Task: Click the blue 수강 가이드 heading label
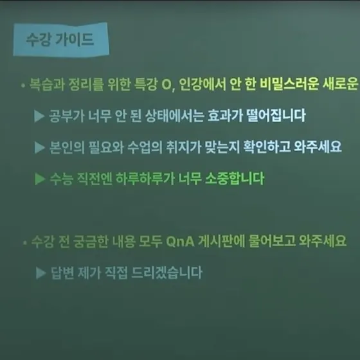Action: pyautogui.click(x=61, y=39)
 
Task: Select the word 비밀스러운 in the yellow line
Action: pyautogui.click(x=289, y=84)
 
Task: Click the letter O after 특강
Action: pyautogui.click(x=166, y=84)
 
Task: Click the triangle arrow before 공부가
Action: pyautogui.click(x=39, y=116)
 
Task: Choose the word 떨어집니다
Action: pyautogui.click(x=276, y=115)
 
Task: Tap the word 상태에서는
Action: pyautogui.click(x=174, y=116)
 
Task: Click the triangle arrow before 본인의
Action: pyautogui.click(x=39, y=147)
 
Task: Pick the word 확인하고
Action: pyautogui.click(x=267, y=147)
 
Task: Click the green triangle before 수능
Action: pyautogui.click(x=40, y=179)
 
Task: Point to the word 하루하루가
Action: pyautogui.click(x=145, y=179)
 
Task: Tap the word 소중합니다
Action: pyautogui.click(x=235, y=178)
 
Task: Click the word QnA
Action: pyautogui.click(x=180, y=242)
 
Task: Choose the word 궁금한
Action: pyautogui.click(x=91, y=241)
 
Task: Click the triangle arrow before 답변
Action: pyautogui.click(x=41, y=273)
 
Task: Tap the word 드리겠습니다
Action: pyautogui.click(x=167, y=273)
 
